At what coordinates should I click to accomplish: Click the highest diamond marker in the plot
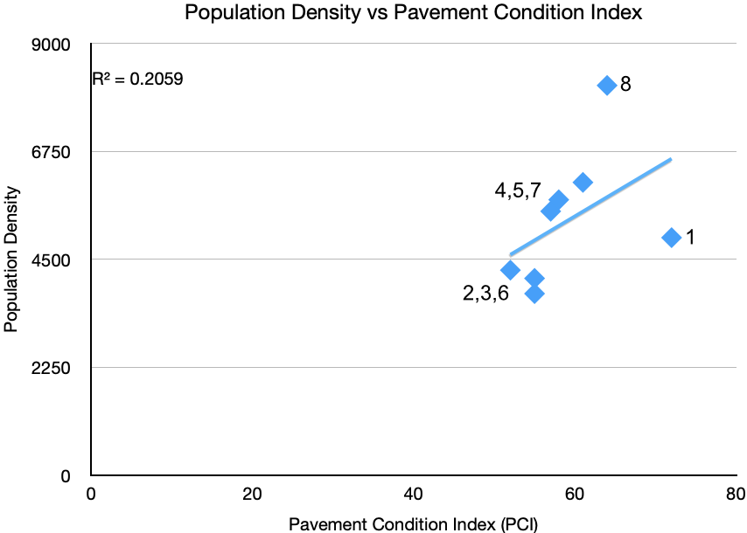tap(607, 86)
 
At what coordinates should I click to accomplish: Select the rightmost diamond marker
tap(671, 238)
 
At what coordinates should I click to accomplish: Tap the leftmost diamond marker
tap(510, 270)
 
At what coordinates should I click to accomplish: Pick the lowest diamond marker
tap(534, 294)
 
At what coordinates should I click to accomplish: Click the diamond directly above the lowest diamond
tap(534, 278)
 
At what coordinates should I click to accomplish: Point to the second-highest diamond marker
tap(583, 183)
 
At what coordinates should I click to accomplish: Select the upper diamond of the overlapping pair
tap(559, 199)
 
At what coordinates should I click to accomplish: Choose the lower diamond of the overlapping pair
tap(549, 211)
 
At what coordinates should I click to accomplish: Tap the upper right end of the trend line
tap(671, 159)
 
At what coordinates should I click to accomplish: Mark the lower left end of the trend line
tap(511, 254)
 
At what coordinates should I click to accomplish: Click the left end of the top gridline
tap(93, 43)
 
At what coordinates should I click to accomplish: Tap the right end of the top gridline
tap(735, 43)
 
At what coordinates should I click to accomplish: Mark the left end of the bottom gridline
tap(93, 367)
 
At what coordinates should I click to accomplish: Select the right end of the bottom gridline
tap(735, 367)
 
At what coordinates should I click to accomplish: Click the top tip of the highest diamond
tap(607, 76)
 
